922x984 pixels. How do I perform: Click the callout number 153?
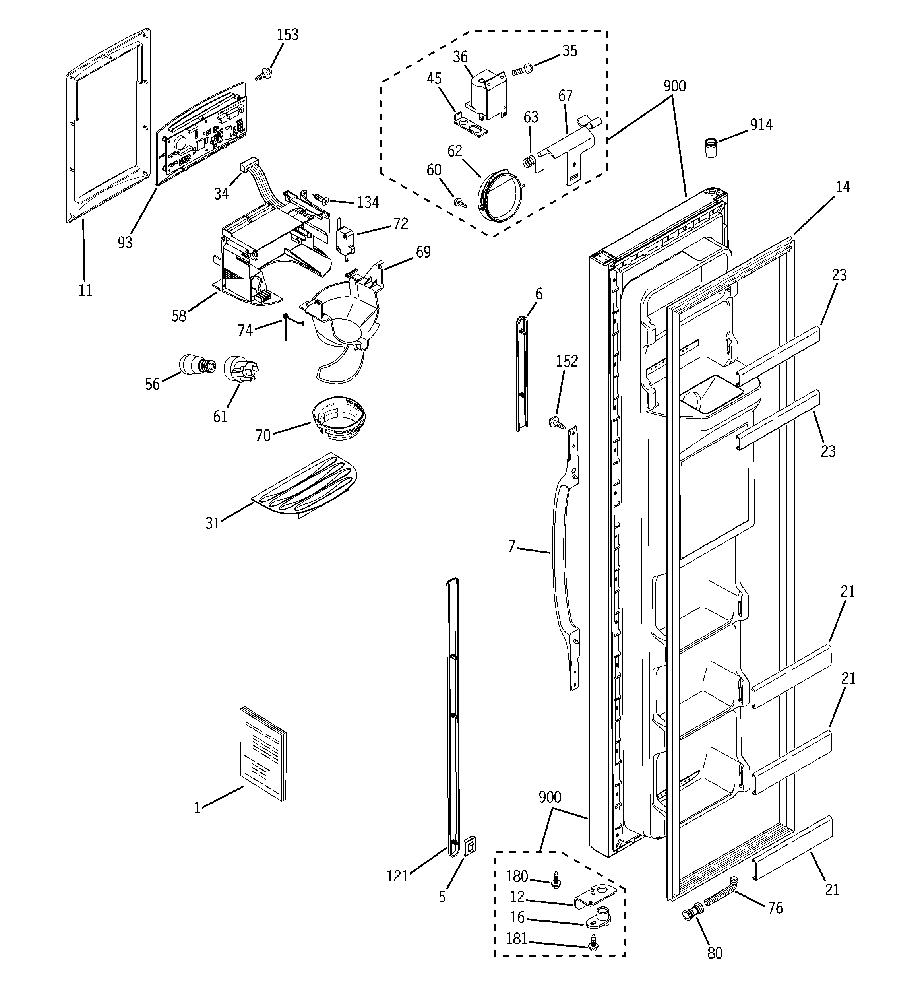point(288,35)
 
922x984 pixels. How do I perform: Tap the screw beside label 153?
point(262,75)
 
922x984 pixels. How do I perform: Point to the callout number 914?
point(761,125)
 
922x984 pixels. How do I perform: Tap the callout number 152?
point(567,361)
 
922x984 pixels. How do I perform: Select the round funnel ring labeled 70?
point(339,418)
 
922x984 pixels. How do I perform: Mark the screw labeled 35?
point(522,70)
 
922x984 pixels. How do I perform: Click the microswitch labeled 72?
point(345,239)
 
